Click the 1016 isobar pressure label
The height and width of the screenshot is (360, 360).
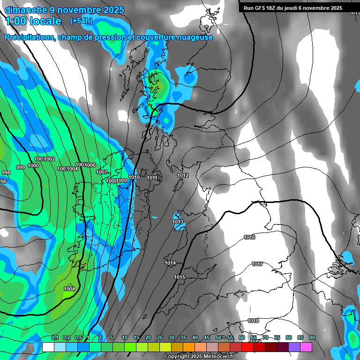coord(249,237)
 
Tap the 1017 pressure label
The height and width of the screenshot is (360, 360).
coord(257,264)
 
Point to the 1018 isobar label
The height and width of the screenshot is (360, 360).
coord(253,321)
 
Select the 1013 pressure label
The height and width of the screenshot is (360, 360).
coord(178,222)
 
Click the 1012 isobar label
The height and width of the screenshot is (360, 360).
coord(183,175)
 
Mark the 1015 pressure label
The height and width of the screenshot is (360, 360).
coord(180,277)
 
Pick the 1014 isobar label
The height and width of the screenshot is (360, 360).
coord(170,263)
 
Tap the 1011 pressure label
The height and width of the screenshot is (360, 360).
coord(152,178)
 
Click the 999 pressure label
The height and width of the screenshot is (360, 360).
coord(21,167)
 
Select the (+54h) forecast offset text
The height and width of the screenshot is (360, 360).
coord(81,21)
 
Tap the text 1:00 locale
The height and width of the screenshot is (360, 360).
coord(33,21)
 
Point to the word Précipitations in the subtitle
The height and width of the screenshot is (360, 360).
coord(29,37)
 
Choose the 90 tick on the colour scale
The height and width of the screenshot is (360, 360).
coord(312,337)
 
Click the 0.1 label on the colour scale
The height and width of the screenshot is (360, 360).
coord(55,337)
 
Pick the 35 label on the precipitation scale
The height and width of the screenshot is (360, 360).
coord(183,337)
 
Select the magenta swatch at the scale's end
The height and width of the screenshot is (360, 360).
coord(306,347)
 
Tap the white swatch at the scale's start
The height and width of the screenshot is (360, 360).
coord(48,347)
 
